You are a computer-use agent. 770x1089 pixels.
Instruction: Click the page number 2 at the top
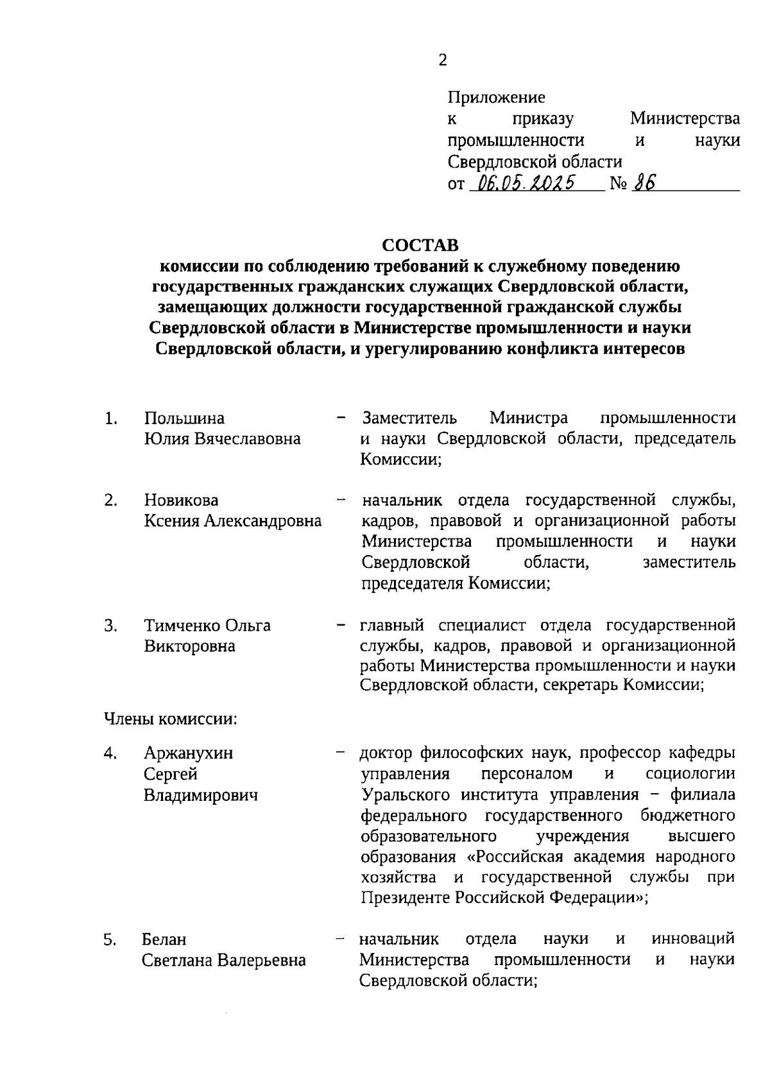pyautogui.click(x=442, y=60)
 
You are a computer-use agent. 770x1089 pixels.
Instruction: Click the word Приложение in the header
pyautogui.click(x=496, y=98)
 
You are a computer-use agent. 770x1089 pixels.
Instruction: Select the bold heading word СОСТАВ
pyautogui.click(x=421, y=246)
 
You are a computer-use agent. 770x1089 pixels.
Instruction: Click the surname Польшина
pyautogui.click(x=184, y=418)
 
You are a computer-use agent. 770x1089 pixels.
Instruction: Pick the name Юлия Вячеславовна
pyautogui.click(x=222, y=439)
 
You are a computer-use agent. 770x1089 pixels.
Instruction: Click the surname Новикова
pyautogui.click(x=181, y=500)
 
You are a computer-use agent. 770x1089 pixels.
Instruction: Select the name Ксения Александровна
pyautogui.click(x=232, y=521)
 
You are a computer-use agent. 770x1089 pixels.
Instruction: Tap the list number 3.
pyautogui.click(x=110, y=625)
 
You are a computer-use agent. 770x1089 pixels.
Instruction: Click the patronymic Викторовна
pyautogui.click(x=189, y=646)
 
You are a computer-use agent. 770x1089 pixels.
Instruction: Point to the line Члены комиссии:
pyautogui.click(x=171, y=719)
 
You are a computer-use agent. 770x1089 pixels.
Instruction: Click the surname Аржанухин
pyautogui.click(x=188, y=753)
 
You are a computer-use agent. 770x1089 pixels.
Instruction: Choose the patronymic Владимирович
pyautogui.click(x=200, y=795)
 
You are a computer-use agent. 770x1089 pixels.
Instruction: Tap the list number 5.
pyautogui.click(x=110, y=940)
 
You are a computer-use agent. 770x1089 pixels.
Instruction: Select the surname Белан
pyautogui.click(x=164, y=940)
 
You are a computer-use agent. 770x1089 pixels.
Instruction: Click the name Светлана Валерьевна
pyautogui.click(x=223, y=961)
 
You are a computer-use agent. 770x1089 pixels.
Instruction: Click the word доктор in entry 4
pyautogui.click(x=387, y=753)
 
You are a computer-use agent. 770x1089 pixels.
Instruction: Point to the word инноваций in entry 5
pyautogui.click(x=693, y=939)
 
